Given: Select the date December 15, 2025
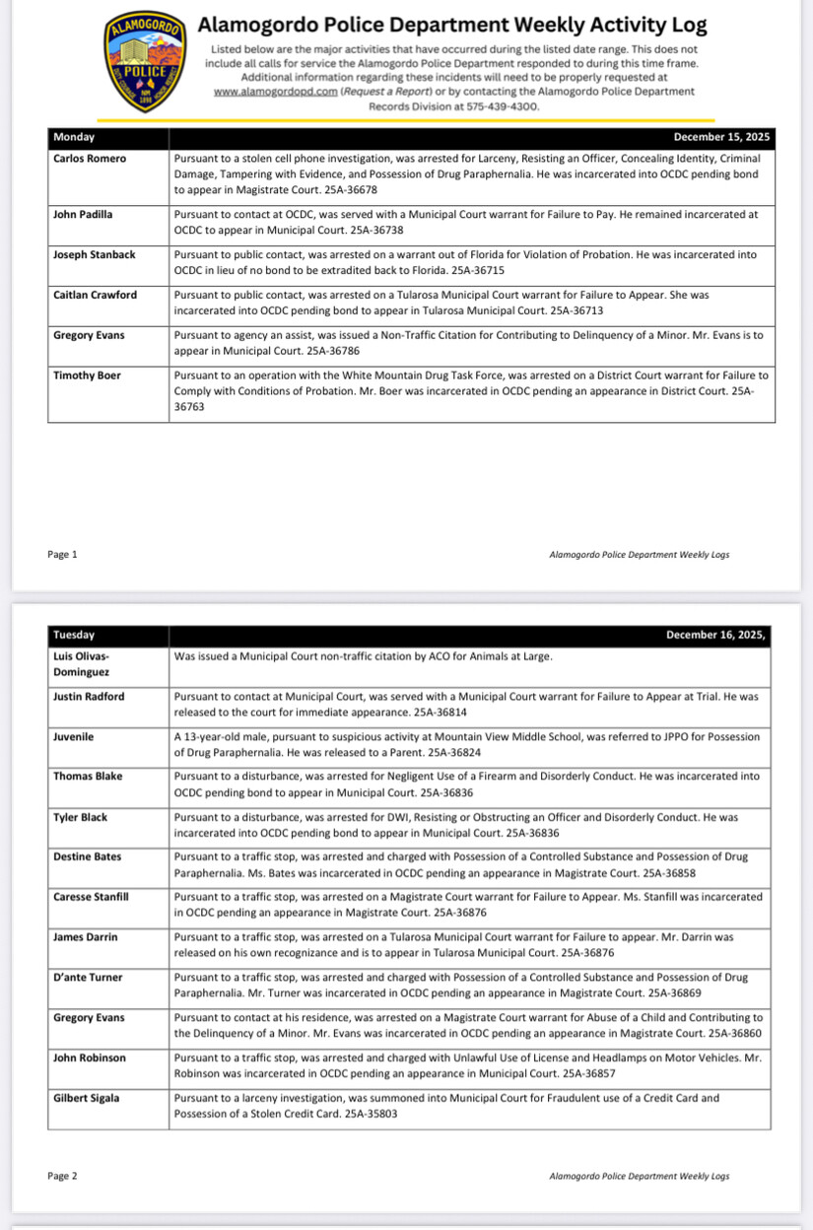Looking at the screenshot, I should [x=721, y=138].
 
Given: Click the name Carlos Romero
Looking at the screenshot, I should [x=90, y=158].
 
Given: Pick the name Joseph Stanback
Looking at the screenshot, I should [x=95, y=254].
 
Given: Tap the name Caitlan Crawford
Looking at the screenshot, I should [x=95, y=295].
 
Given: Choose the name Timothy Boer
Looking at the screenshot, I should [x=87, y=376].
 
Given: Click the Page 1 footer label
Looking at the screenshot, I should [x=62, y=555].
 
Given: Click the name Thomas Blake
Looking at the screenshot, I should [x=88, y=777].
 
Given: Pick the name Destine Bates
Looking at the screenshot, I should [x=88, y=857].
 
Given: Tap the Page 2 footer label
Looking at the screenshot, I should [x=62, y=1176].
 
